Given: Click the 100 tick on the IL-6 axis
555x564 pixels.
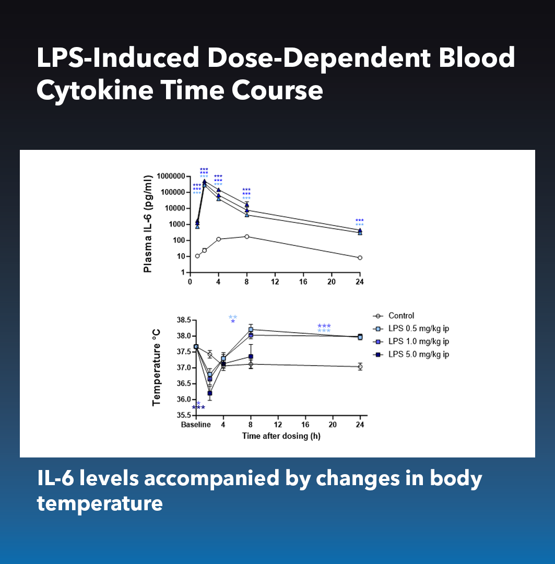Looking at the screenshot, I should click(x=179, y=240).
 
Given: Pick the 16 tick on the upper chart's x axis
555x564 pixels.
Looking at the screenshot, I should click(x=303, y=282).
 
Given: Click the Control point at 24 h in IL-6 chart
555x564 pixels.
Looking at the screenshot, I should click(x=360, y=257).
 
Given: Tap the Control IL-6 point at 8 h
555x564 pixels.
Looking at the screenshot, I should click(x=246, y=237).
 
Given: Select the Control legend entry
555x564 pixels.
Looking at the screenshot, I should click(x=401, y=315).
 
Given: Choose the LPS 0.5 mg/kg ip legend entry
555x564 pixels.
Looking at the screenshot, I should click(x=418, y=328).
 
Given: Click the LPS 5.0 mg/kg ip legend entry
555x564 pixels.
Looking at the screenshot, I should click(x=418, y=355).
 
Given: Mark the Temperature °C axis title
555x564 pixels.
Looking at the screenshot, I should click(x=156, y=367).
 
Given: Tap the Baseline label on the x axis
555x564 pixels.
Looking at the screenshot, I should click(x=196, y=425).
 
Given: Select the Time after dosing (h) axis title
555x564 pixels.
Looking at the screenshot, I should click(x=281, y=436).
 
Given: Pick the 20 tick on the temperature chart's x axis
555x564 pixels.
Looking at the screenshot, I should click(x=333, y=425).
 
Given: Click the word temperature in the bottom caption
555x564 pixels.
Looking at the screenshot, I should click(x=99, y=504).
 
